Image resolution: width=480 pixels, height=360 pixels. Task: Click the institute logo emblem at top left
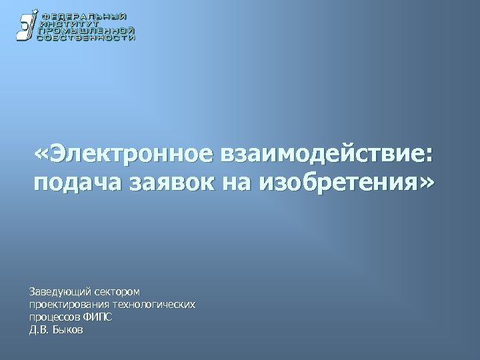(x=26, y=27)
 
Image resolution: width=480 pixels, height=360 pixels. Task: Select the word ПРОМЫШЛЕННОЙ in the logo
(x=87, y=31)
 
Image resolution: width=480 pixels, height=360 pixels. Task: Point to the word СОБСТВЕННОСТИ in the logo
(x=87, y=38)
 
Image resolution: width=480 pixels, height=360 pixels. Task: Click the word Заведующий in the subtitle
(x=59, y=292)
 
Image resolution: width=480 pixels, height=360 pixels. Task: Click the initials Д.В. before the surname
(x=39, y=330)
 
